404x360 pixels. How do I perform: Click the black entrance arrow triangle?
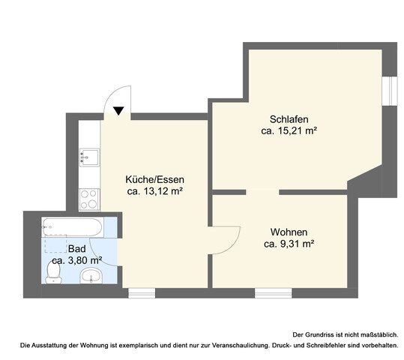click(118, 111)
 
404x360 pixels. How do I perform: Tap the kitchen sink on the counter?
click(89, 157)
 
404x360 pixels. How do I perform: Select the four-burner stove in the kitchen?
click(89, 199)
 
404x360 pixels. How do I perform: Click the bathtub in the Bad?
click(73, 227)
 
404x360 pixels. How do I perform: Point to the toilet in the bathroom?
click(53, 272)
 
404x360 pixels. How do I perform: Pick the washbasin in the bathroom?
click(91, 276)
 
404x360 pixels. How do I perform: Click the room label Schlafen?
click(289, 119)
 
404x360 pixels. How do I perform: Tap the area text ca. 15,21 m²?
click(289, 131)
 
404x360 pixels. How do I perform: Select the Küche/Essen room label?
click(155, 179)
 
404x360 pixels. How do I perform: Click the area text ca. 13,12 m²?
click(155, 191)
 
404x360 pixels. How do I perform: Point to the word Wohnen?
click(289, 232)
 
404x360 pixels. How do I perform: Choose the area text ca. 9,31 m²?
click(289, 244)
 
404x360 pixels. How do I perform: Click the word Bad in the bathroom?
click(76, 249)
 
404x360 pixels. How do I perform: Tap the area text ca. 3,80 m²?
click(76, 260)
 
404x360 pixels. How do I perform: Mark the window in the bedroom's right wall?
click(390, 91)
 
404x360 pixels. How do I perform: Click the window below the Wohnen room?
click(274, 293)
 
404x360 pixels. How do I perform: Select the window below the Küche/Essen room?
click(142, 293)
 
